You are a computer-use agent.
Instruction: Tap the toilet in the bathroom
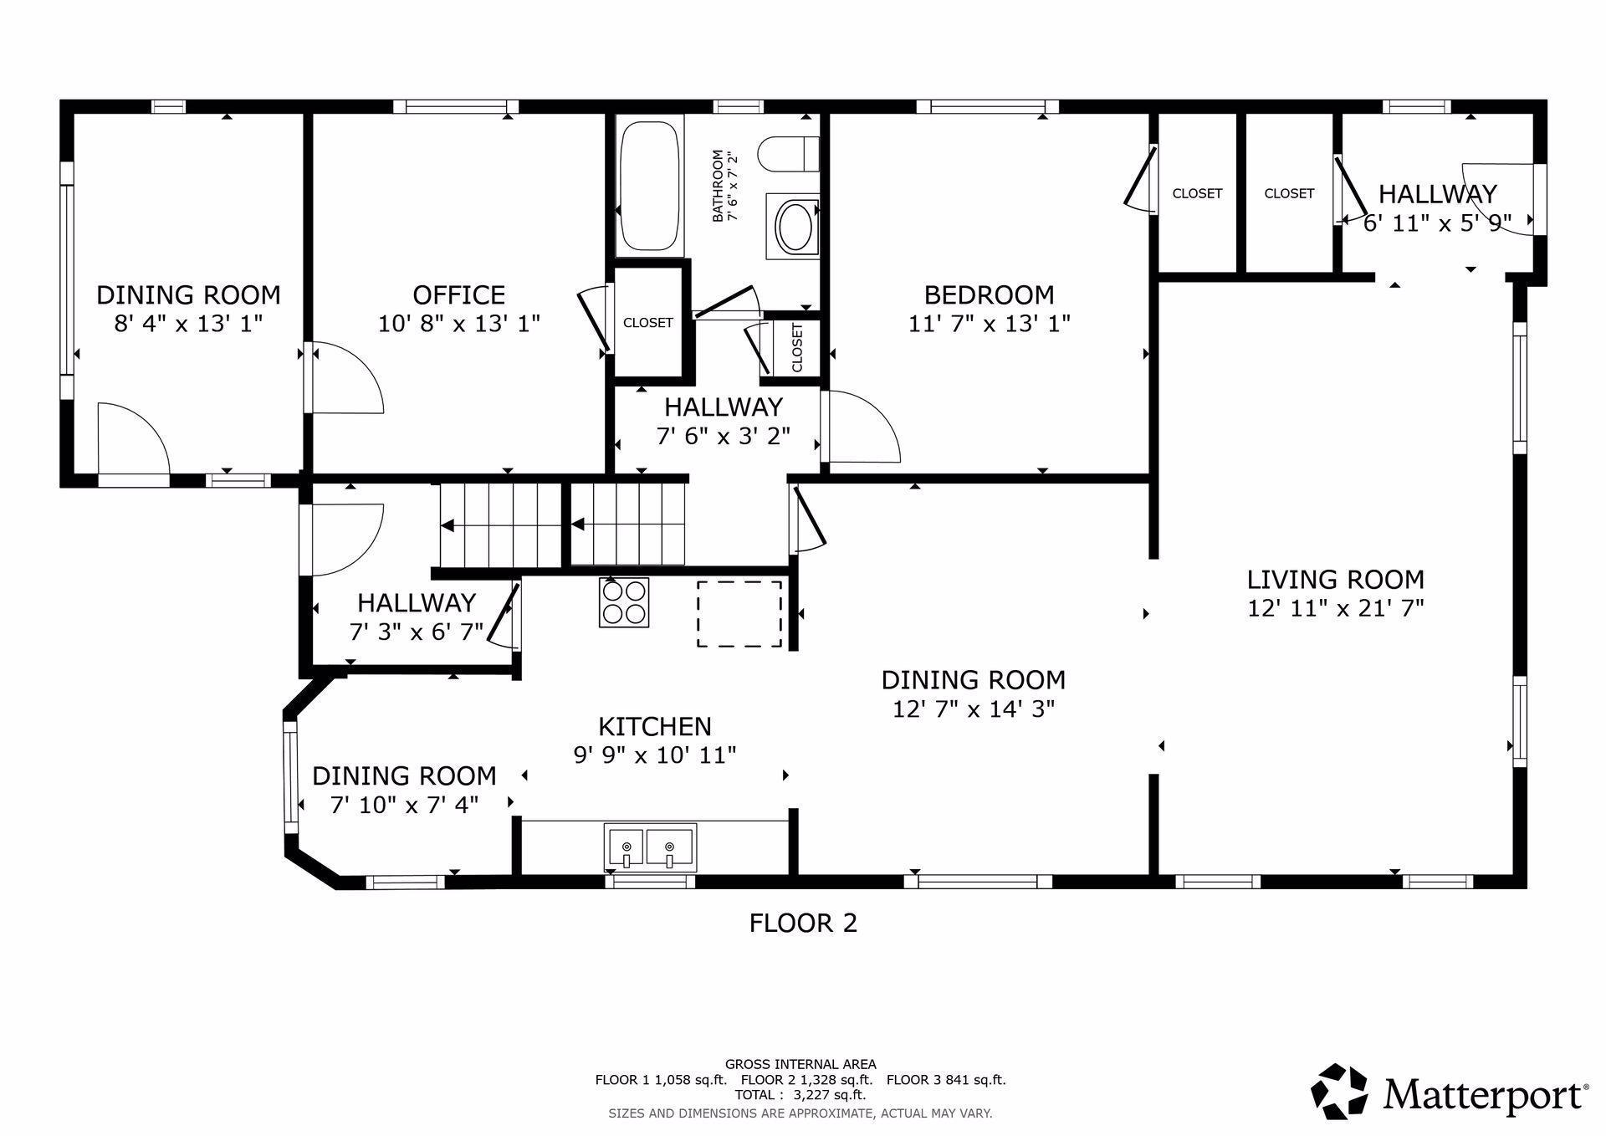pos(788,153)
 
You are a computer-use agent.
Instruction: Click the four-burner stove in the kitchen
pos(624,602)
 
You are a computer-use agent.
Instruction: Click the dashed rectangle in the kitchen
pos(739,614)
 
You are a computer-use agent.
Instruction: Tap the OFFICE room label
pos(458,295)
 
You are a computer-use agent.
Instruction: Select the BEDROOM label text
pos(989,295)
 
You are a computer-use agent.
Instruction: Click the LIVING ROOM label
pos(1335,580)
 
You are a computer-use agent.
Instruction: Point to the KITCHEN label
pos(655,726)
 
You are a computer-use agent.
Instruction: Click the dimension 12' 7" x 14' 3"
pos(974,709)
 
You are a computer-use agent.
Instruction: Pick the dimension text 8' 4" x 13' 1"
pos(188,323)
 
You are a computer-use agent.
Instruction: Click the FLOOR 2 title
pos(803,923)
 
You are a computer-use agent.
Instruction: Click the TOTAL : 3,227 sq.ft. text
pos(800,1094)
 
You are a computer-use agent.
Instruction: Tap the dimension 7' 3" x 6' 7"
pos(417,632)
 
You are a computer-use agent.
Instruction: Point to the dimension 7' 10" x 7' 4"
pos(404,805)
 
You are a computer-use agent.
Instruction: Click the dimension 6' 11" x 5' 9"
pos(1437,223)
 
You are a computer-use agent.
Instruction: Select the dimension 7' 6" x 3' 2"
pos(724,436)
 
